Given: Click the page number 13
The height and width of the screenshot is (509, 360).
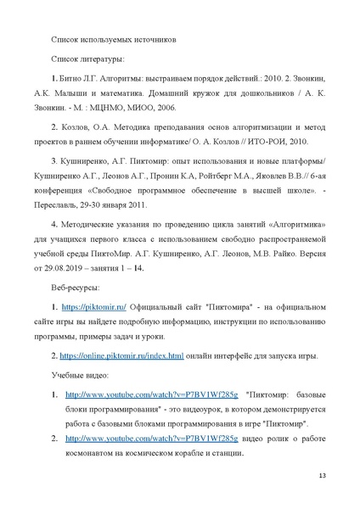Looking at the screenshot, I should (x=322, y=474).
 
